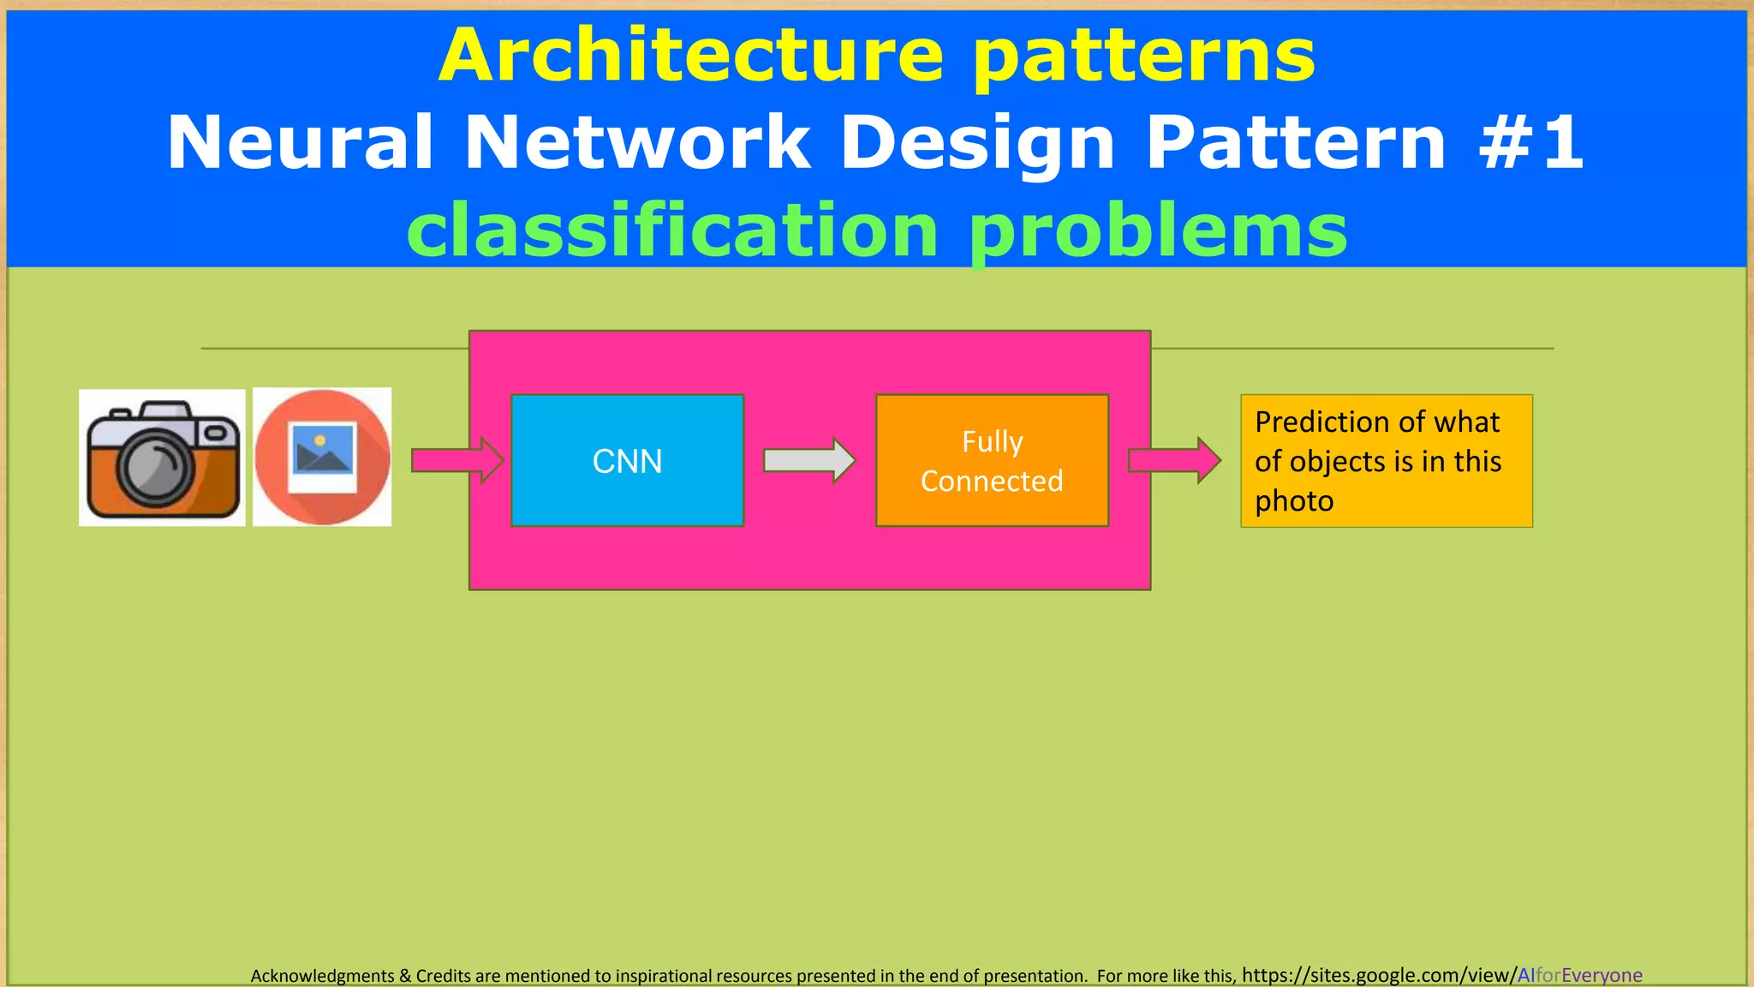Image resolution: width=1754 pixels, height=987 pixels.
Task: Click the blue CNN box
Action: click(x=627, y=460)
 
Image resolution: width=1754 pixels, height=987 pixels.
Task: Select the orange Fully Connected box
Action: click(x=992, y=460)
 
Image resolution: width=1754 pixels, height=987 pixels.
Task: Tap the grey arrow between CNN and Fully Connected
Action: click(x=808, y=460)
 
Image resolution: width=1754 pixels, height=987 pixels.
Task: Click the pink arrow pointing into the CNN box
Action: click(x=456, y=460)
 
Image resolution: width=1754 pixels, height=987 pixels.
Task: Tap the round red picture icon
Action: click(x=323, y=457)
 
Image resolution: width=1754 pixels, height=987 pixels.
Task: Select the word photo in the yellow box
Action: click(x=1294, y=501)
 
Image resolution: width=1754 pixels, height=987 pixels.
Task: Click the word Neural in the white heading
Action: click(x=301, y=142)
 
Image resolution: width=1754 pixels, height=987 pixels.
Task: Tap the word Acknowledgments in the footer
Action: click(x=322, y=976)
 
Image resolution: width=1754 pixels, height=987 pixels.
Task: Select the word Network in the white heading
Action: click(x=637, y=142)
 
